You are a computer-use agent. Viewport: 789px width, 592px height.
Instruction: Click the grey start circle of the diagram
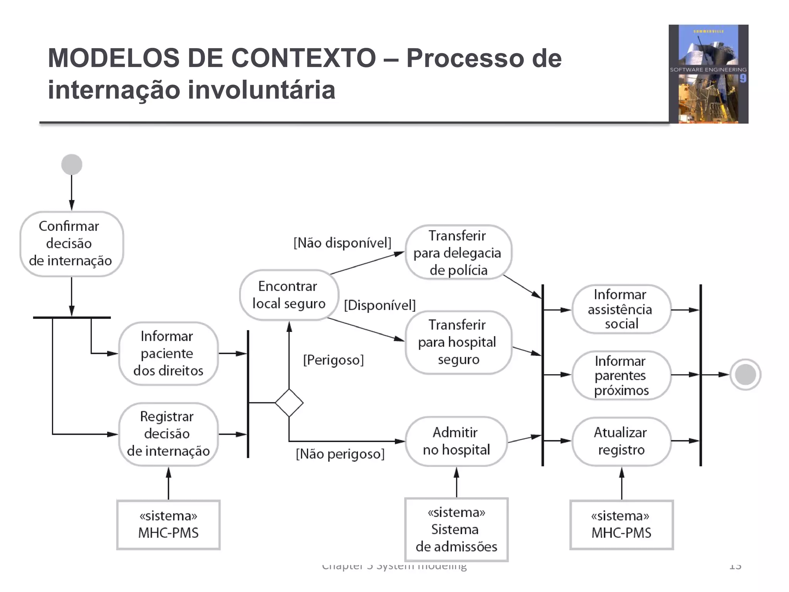click(72, 165)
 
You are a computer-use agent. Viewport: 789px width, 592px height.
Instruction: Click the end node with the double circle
click(745, 374)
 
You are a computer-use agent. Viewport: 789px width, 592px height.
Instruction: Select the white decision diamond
click(289, 403)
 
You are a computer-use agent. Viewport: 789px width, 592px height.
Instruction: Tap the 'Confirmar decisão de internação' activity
click(71, 244)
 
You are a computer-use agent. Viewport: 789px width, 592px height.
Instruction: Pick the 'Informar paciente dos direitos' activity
click(168, 353)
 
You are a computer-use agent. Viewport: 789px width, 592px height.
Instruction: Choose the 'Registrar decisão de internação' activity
click(168, 434)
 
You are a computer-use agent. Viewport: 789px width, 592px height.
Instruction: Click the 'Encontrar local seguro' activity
click(289, 295)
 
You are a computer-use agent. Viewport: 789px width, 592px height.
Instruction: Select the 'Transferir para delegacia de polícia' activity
click(458, 252)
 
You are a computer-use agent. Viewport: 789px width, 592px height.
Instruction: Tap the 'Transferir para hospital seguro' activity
click(458, 342)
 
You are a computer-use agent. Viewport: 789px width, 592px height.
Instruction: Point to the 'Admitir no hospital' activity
click(457, 441)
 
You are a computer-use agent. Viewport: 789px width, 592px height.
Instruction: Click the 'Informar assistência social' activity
click(621, 309)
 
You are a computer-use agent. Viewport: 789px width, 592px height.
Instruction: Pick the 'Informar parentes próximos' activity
click(621, 375)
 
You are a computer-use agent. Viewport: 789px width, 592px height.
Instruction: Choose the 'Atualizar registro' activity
click(621, 441)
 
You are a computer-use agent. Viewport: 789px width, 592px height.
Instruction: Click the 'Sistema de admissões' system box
click(457, 530)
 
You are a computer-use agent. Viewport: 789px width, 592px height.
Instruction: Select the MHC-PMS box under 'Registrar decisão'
click(168, 525)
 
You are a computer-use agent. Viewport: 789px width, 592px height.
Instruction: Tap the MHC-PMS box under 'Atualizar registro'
click(621, 525)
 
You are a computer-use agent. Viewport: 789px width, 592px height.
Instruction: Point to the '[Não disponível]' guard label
click(342, 243)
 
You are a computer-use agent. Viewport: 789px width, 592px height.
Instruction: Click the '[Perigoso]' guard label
click(333, 360)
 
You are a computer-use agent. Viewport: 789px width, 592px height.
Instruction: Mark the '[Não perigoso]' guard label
click(340, 454)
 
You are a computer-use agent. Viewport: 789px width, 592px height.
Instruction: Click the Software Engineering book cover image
click(708, 74)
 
